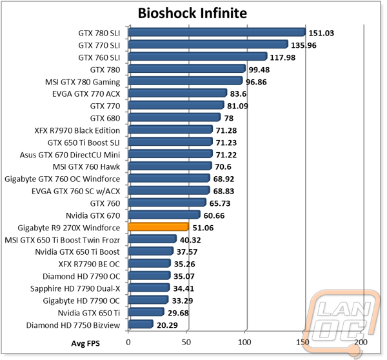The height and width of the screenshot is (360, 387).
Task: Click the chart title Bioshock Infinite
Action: (x=192, y=13)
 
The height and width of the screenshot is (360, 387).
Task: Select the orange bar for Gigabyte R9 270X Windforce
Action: (x=159, y=227)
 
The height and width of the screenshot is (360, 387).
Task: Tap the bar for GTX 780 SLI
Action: (x=217, y=32)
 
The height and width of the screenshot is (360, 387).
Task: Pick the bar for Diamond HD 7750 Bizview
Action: (x=141, y=325)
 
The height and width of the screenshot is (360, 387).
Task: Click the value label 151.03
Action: (x=321, y=33)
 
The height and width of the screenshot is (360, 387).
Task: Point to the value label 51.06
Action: (x=203, y=228)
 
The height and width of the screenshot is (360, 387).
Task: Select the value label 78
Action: (x=229, y=119)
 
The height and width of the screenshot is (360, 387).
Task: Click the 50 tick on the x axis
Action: (x=186, y=342)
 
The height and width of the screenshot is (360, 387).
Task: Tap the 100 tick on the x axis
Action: (x=244, y=342)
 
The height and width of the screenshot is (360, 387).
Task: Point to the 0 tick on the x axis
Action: (x=128, y=342)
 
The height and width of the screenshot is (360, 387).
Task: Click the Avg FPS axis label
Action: (x=85, y=343)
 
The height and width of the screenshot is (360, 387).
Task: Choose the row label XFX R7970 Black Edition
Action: (x=77, y=130)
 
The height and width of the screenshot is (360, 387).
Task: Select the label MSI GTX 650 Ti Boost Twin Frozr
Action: (x=63, y=240)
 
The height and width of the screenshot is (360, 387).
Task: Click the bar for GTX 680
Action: (x=174, y=117)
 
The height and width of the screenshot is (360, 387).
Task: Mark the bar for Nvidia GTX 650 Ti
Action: (x=146, y=312)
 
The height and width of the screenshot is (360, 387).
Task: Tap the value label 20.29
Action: (x=167, y=325)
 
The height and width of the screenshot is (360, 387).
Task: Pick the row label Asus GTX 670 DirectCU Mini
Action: (x=70, y=155)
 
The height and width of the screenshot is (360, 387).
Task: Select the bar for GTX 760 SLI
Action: (x=198, y=57)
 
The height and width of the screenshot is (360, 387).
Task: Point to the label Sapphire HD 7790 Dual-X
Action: (x=75, y=288)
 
